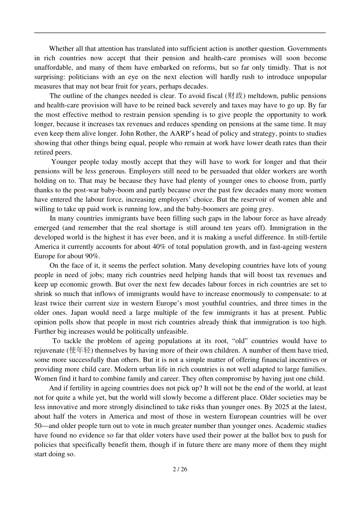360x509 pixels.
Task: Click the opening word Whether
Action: (x=62, y=48)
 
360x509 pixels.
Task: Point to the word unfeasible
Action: (x=172, y=331)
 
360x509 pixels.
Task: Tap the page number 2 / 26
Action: (x=180, y=469)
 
